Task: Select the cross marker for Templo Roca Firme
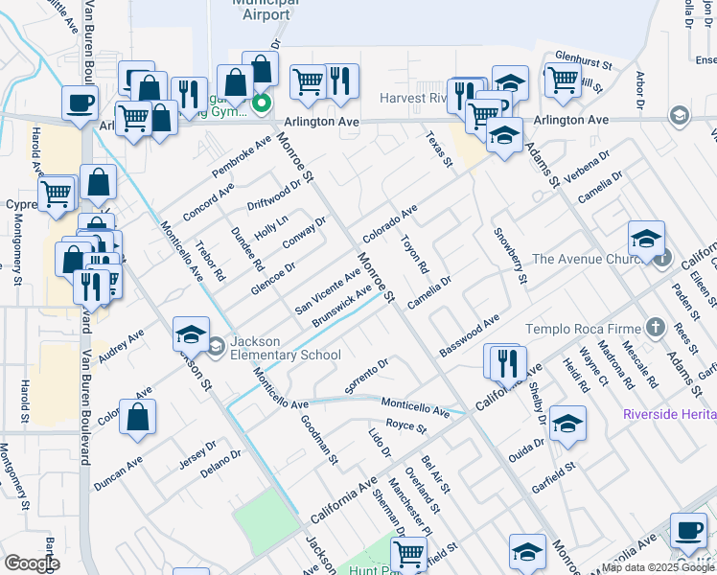point(655,328)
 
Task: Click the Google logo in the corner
point(32,563)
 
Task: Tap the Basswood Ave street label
point(470,336)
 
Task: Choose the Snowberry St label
point(510,256)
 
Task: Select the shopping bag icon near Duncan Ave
point(139,419)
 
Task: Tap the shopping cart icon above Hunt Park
point(409,553)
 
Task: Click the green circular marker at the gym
point(260,103)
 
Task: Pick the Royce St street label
point(405,425)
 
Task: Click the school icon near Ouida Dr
point(568,425)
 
